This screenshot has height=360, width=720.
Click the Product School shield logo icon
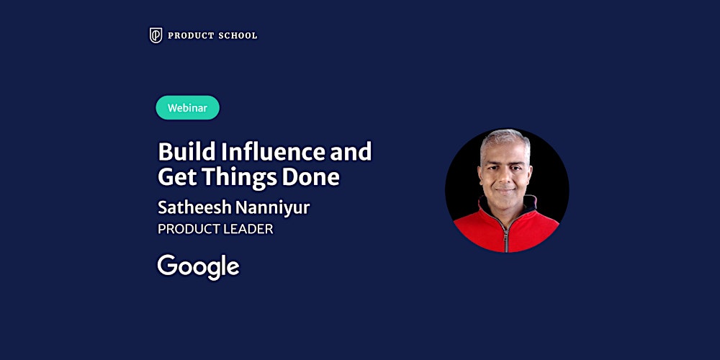point(156,35)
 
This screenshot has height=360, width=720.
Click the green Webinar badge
point(187,108)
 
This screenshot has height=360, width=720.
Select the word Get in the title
point(175,177)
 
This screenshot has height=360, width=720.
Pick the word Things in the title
point(237,177)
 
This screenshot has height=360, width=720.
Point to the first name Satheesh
point(192,207)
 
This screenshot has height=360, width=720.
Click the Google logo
point(198,266)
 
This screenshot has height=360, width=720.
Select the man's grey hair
point(505,138)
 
